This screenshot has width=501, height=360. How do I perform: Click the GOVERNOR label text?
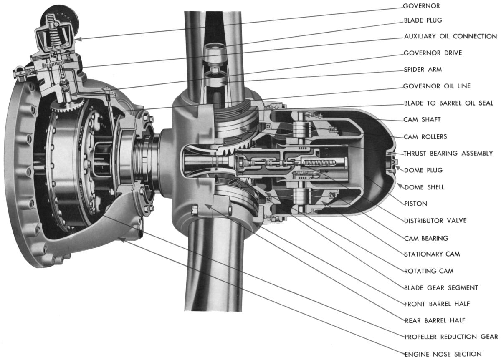[x=421, y=6]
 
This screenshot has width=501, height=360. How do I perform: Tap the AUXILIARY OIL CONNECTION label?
[x=450, y=36]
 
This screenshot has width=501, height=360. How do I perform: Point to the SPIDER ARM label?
[x=423, y=69]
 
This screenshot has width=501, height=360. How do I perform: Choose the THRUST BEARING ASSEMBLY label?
[x=448, y=154]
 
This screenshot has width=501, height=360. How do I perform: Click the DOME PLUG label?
[x=423, y=170]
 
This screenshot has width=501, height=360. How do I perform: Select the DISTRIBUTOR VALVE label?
[x=435, y=221]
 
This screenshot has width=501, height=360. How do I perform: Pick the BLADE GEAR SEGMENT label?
[x=441, y=287]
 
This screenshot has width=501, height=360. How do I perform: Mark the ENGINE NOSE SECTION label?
[x=443, y=354]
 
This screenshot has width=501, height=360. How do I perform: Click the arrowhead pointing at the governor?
[x=78, y=39]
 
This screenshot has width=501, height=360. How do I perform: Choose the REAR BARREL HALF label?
[x=434, y=320]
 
